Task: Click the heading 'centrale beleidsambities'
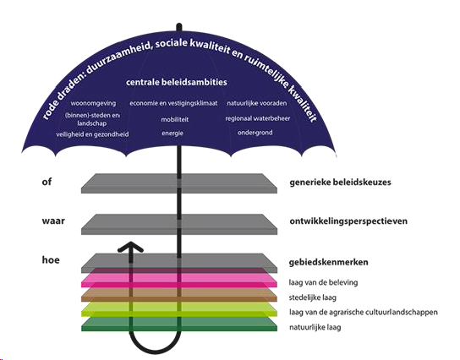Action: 177,82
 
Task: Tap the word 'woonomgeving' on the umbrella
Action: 93,103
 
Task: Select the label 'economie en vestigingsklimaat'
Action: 173,103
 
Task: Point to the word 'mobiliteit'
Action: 174,119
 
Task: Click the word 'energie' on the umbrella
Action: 172,134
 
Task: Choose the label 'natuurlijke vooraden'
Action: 257,103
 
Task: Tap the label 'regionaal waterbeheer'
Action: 258,118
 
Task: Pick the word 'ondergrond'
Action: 255,133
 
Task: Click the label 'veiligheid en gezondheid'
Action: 92,134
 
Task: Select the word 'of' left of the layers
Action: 47,182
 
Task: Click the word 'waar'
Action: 53,221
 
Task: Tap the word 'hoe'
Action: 51,259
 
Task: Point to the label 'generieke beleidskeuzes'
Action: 340,183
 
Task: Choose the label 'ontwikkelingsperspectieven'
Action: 348,221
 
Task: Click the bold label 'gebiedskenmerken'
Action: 329,262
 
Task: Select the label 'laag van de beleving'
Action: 323,282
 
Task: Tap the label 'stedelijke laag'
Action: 312,297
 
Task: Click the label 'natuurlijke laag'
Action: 315,327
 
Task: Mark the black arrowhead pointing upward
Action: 130,248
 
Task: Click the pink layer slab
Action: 179,281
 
